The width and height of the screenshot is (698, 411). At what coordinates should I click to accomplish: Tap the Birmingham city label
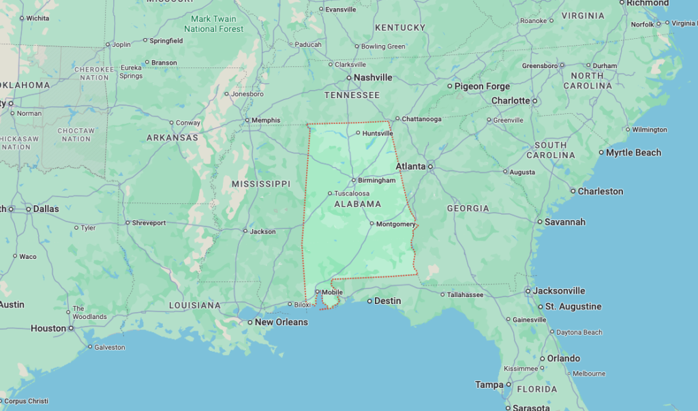tap(376, 181)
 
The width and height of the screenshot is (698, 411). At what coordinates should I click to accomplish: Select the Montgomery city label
tap(395, 224)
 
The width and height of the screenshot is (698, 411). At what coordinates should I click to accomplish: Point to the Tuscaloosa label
tap(352, 194)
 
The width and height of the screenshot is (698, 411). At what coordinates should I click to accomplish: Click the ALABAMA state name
tap(357, 204)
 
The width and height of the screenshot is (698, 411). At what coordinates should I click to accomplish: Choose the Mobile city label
tap(332, 292)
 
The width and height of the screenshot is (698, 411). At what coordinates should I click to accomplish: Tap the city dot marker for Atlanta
tap(431, 166)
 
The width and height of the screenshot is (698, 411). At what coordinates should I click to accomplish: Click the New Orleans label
tap(281, 322)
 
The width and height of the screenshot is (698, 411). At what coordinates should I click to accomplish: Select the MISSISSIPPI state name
tap(260, 184)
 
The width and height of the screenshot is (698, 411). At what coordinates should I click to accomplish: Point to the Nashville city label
tap(373, 78)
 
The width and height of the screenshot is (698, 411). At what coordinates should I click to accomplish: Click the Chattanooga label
tap(421, 119)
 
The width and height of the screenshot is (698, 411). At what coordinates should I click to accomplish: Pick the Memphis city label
tap(266, 121)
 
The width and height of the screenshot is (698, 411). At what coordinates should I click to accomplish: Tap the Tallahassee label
tap(466, 295)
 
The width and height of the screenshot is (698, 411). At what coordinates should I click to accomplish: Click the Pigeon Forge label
tap(483, 87)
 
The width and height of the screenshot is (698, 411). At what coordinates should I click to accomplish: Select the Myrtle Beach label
tap(633, 153)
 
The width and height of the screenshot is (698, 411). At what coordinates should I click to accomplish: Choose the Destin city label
tap(388, 301)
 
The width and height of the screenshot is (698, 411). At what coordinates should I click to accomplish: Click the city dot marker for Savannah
tap(539, 222)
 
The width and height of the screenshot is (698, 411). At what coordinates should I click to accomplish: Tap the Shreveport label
tap(149, 223)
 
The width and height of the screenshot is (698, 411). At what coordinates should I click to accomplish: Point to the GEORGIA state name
tap(468, 209)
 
